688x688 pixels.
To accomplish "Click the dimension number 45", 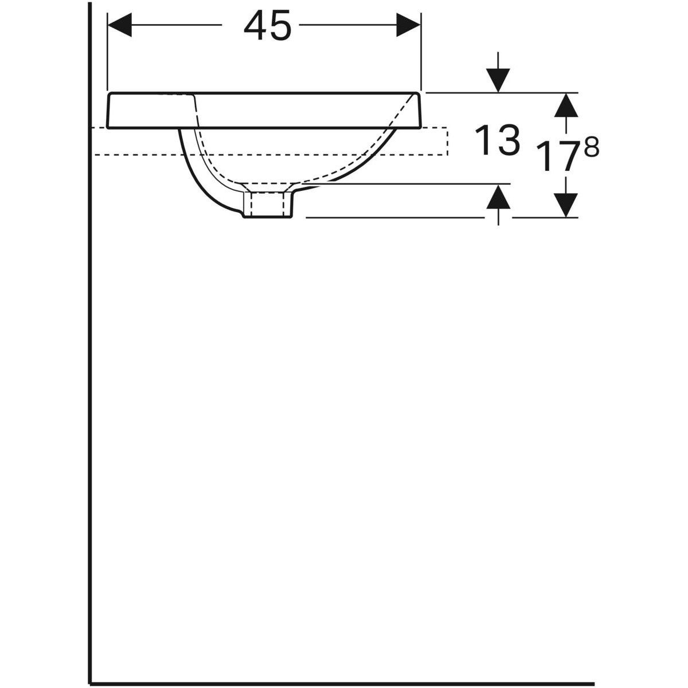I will pyautogui.click(x=267, y=26).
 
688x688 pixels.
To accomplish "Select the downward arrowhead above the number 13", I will pyautogui.click(x=498, y=80).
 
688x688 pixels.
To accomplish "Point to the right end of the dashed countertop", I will pyautogui.click(x=446, y=141).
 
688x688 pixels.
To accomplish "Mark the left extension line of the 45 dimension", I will pyautogui.click(x=108, y=52).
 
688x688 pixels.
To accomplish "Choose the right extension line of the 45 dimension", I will pyautogui.click(x=421, y=52).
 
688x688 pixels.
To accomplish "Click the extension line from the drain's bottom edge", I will pyautogui.click(x=396, y=218).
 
